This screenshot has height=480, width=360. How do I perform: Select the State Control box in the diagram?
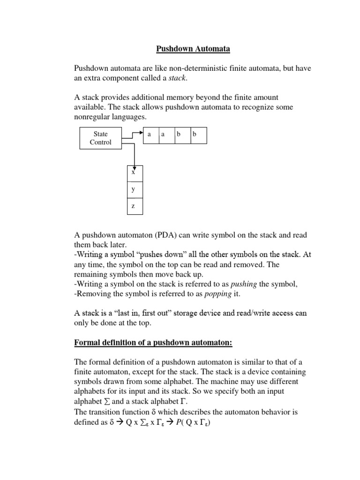pyautogui.click(x=100, y=138)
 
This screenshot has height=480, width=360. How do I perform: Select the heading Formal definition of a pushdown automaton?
pyautogui.click(x=154, y=343)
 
